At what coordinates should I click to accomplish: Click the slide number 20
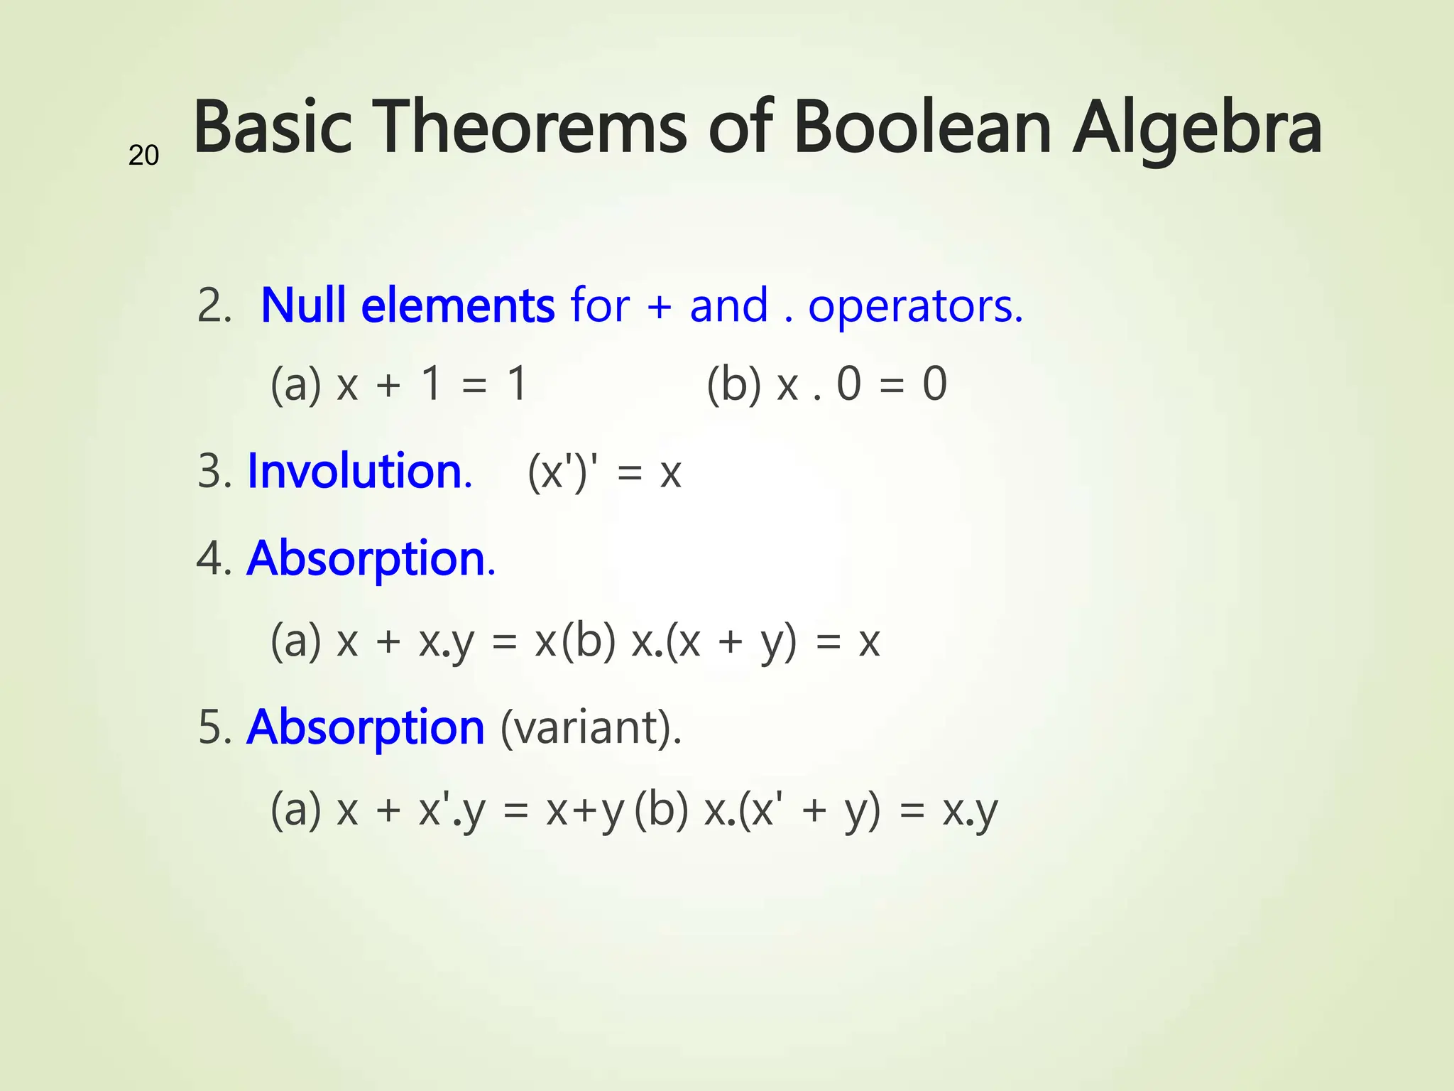(x=143, y=156)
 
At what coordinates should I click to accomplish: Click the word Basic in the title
(x=273, y=128)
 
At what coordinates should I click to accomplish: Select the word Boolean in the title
(x=922, y=128)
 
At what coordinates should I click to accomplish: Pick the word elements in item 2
(x=458, y=305)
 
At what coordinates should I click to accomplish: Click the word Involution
(x=359, y=472)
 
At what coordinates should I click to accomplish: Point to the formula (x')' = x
(x=604, y=472)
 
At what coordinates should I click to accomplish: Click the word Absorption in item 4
(x=369, y=559)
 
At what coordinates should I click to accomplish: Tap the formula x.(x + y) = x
(x=755, y=641)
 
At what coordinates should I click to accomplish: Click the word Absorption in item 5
(x=366, y=727)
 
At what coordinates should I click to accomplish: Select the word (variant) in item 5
(x=590, y=729)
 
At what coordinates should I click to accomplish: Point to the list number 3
(x=213, y=472)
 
